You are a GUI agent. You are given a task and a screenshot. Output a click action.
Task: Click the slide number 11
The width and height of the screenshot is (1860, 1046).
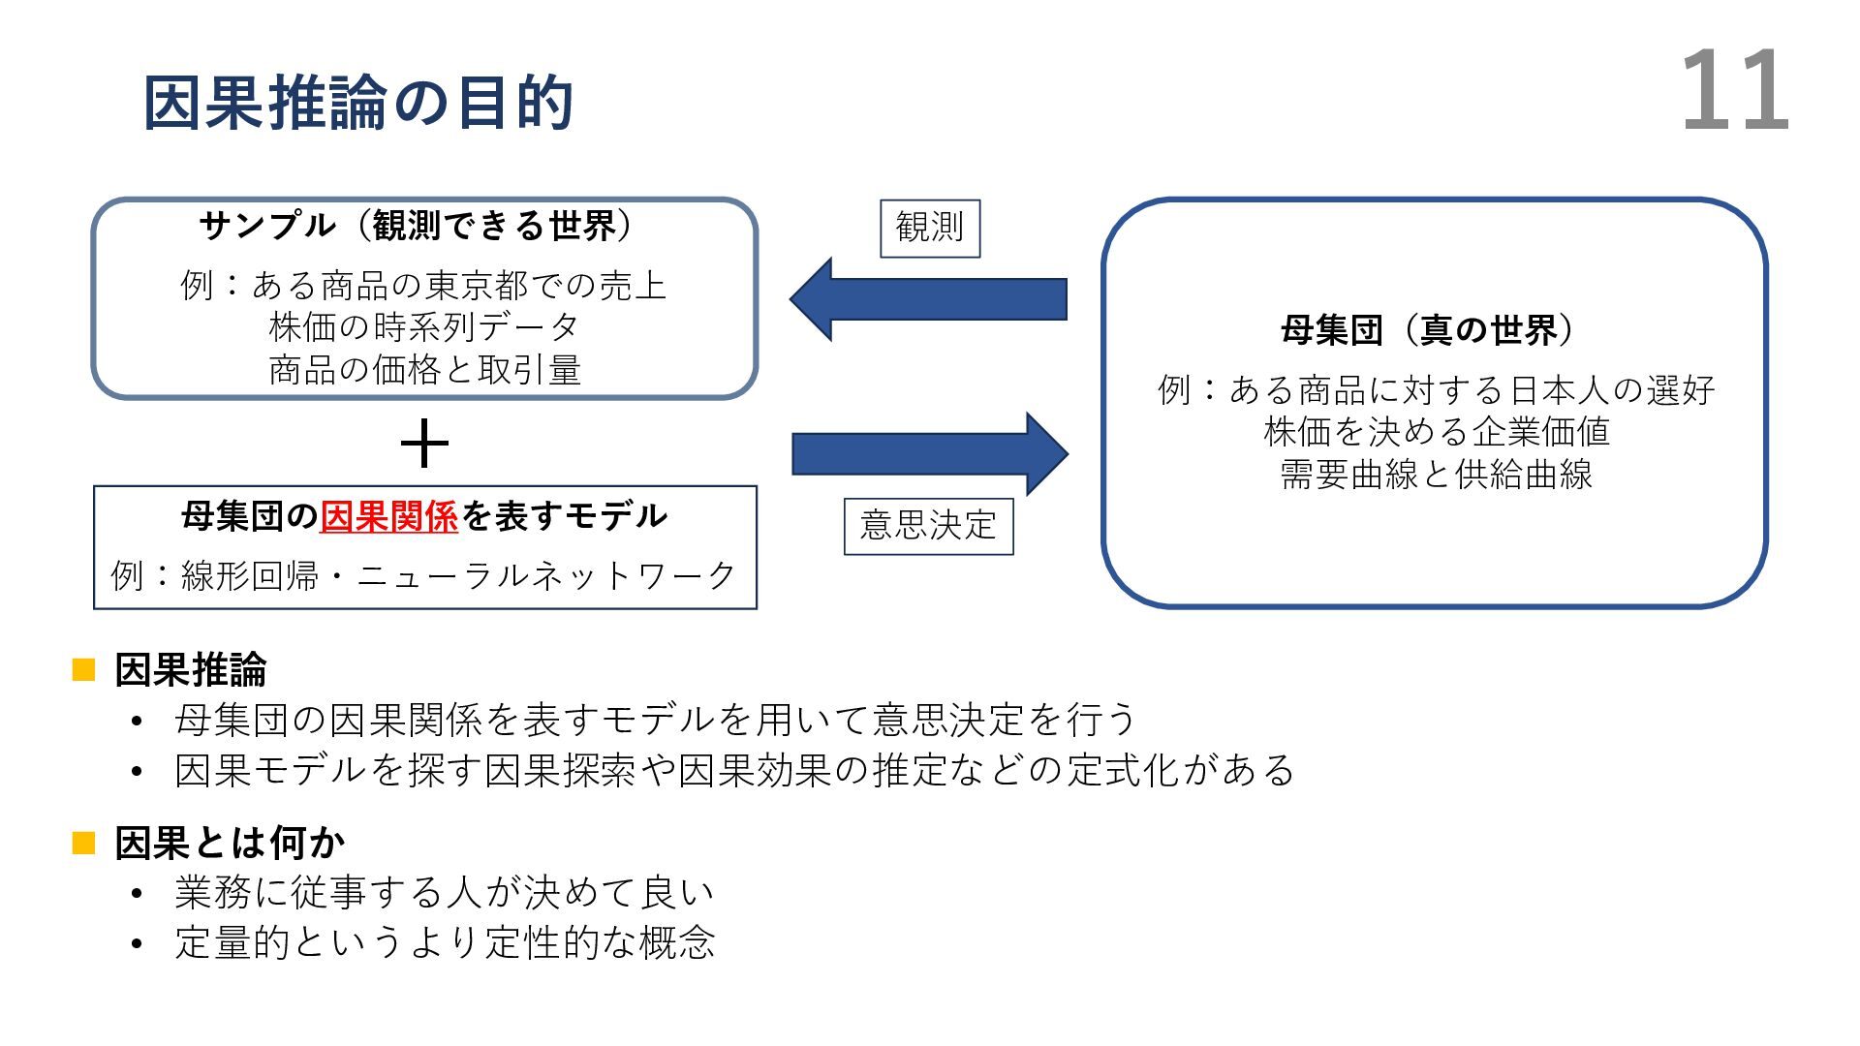coord(1734,93)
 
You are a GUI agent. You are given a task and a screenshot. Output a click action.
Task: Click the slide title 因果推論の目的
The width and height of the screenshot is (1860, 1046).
coord(358,103)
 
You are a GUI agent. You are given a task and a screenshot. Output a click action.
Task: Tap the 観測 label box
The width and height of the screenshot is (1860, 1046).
coord(930,229)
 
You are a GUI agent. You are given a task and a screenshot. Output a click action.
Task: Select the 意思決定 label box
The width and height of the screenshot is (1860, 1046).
coord(928,526)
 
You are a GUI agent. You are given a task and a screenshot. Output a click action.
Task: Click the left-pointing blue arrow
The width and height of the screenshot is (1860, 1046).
coord(927,299)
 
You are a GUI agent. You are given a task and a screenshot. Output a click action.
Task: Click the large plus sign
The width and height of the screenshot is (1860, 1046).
coord(424,446)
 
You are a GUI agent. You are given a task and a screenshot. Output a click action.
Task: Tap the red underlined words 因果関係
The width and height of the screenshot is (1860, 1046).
coord(388,516)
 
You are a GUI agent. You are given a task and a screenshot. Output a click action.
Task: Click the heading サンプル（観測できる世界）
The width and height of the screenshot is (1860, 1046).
coord(417,227)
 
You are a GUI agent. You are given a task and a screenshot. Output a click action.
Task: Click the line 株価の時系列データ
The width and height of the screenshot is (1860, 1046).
coord(424,327)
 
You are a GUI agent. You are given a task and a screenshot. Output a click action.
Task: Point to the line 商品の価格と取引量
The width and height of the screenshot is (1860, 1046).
coord(424,370)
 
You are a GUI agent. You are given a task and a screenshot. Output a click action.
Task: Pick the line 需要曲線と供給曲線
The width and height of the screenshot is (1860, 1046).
coord(1436,475)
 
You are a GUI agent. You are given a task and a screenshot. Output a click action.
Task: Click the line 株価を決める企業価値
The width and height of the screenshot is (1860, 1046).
coord(1436,432)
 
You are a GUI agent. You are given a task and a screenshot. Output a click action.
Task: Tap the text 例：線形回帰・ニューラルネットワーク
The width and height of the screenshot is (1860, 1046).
coord(424,575)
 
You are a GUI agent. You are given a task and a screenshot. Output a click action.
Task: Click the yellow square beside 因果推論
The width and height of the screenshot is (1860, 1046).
coord(84,669)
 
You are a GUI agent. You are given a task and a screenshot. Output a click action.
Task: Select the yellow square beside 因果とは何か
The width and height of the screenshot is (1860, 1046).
coord(84,843)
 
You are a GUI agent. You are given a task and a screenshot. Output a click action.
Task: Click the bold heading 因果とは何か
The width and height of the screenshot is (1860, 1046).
coord(230,843)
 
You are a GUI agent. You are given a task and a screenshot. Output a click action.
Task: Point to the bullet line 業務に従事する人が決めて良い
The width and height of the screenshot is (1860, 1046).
coord(445,893)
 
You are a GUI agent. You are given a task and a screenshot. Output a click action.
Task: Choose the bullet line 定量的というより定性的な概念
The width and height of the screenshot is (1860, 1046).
coord(445,942)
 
